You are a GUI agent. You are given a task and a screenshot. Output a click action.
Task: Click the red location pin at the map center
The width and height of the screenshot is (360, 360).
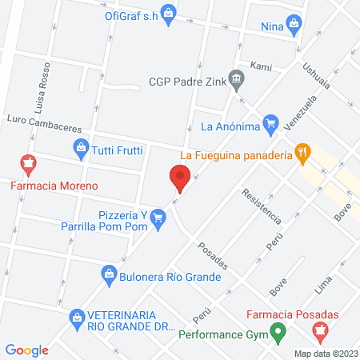[179, 178]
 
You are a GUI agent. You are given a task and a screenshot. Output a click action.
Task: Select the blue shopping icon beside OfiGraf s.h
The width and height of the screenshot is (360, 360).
[168, 12]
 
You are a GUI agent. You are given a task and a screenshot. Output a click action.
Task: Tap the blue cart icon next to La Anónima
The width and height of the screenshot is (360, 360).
[270, 124]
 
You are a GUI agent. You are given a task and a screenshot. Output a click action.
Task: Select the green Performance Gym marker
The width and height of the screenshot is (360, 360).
[278, 330]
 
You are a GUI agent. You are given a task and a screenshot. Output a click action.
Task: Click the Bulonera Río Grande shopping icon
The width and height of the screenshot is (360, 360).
[109, 274]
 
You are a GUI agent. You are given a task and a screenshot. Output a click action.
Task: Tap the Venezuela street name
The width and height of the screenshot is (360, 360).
[308, 115]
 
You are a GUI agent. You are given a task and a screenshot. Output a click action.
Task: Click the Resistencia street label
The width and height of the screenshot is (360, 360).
[262, 205]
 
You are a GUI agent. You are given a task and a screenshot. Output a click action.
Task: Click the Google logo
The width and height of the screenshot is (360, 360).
[27, 350]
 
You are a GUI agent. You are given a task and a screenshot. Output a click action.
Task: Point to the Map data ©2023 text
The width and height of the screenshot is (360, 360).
[324, 353]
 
